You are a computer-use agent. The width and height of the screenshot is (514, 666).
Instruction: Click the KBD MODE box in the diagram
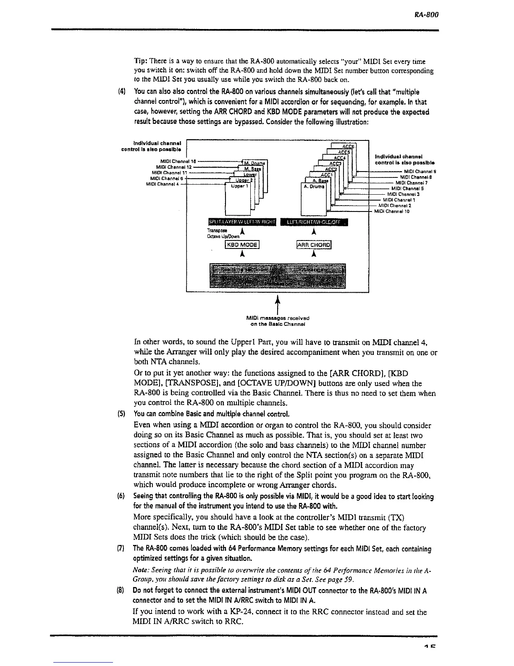pos(243,245)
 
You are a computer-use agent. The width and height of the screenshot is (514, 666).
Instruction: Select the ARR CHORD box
pos(314,245)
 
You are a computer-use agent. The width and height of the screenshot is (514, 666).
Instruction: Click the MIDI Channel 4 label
pos(161,183)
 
